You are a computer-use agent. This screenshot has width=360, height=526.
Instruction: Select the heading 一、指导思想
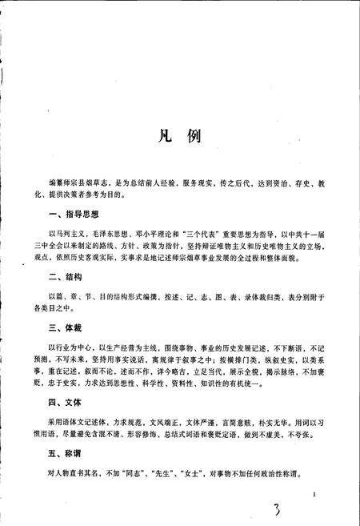(x=73, y=215)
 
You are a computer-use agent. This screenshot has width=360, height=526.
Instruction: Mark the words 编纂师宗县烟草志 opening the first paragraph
(x=78, y=184)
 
